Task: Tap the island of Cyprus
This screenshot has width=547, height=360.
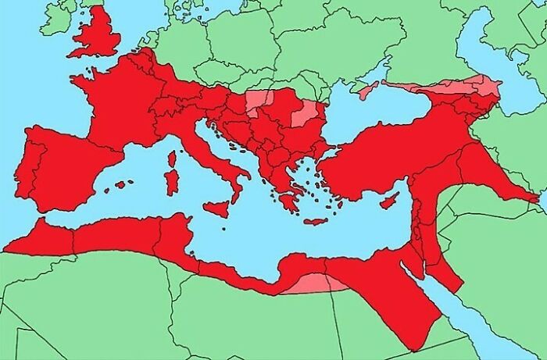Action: click(x=389, y=200)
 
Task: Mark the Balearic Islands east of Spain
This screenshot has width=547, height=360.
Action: click(x=123, y=185)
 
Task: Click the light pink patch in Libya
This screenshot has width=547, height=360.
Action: click(x=313, y=283)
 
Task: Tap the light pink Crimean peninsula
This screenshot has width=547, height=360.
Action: click(x=367, y=88)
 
